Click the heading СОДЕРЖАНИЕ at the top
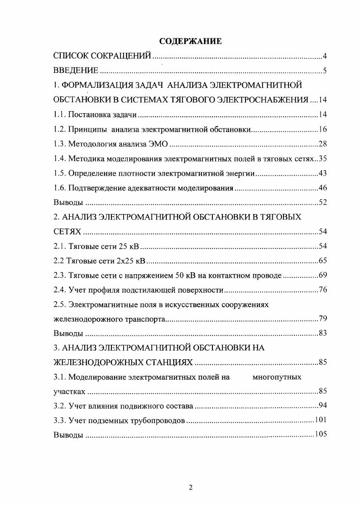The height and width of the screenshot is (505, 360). coord(190,42)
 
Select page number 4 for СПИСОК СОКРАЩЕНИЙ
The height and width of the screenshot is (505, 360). coord(325,57)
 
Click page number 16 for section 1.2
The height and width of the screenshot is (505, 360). coord(322,129)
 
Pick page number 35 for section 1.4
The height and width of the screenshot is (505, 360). coord(322,158)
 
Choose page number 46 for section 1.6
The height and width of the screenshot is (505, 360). coord(322,188)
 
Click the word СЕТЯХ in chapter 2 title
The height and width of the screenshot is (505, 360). coord(67,232)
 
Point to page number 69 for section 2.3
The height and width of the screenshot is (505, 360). coord(322,275)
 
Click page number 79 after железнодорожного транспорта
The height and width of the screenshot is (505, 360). coord(322,319)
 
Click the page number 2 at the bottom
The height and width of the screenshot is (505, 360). coord(191,487)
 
